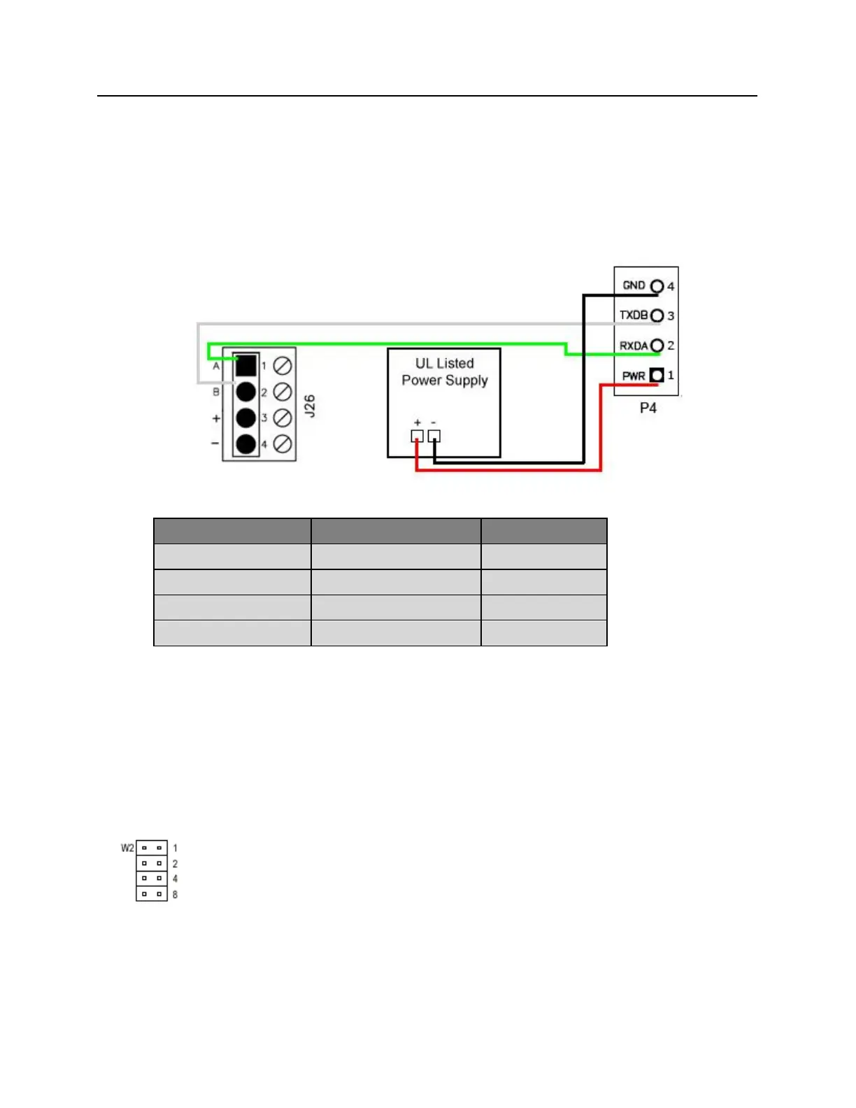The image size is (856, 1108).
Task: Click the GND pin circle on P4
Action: (x=657, y=286)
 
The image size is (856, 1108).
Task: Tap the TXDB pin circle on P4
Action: (x=657, y=315)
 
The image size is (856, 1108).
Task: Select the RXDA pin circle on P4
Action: (x=657, y=346)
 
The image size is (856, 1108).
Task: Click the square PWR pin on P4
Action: (x=657, y=376)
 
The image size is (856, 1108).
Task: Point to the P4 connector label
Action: (x=648, y=408)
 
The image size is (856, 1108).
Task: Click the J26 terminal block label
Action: (x=310, y=406)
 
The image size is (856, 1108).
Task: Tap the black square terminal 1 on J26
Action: (x=245, y=365)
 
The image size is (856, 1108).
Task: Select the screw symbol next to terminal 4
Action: (x=283, y=443)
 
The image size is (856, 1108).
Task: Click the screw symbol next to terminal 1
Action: (x=283, y=365)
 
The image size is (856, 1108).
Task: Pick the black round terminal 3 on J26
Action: (x=245, y=418)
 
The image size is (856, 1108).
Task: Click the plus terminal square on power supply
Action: (x=417, y=436)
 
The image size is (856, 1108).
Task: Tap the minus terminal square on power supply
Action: (x=434, y=436)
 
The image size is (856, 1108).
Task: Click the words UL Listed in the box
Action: (x=445, y=364)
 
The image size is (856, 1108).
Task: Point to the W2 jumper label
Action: (x=127, y=848)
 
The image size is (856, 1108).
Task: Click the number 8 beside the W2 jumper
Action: (x=175, y=895)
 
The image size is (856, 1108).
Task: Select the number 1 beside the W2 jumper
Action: (x=175, y=848)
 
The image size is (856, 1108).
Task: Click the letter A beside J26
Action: (x=216, y=366)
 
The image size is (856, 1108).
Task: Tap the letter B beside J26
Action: (x=216, y=392)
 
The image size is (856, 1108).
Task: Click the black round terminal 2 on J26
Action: (x=245, y=391)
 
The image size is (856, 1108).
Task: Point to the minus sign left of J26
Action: (x=215, y=443)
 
